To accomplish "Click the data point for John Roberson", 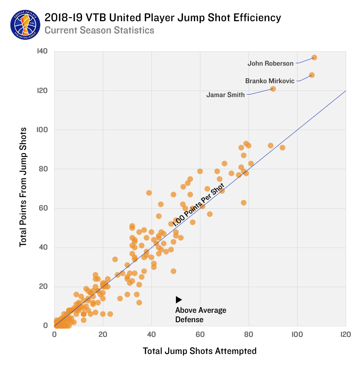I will coord(314,58).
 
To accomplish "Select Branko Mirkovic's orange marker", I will coord(311,75).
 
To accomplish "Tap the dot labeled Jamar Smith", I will coord(273,89).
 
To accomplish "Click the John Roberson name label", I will coord(271,64).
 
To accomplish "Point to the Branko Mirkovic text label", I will coord(270,81).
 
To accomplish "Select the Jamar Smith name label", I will coord(226,95).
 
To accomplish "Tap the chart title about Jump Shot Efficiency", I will coord(162,18).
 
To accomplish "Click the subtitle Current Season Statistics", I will coord(99,31).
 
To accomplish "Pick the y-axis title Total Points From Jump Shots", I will coord(23,187).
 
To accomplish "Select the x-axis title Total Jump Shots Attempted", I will coord(200,351).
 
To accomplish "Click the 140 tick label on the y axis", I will coord(42,51).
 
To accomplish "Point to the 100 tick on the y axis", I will coord(42,130).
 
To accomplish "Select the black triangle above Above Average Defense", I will coord(179,300).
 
